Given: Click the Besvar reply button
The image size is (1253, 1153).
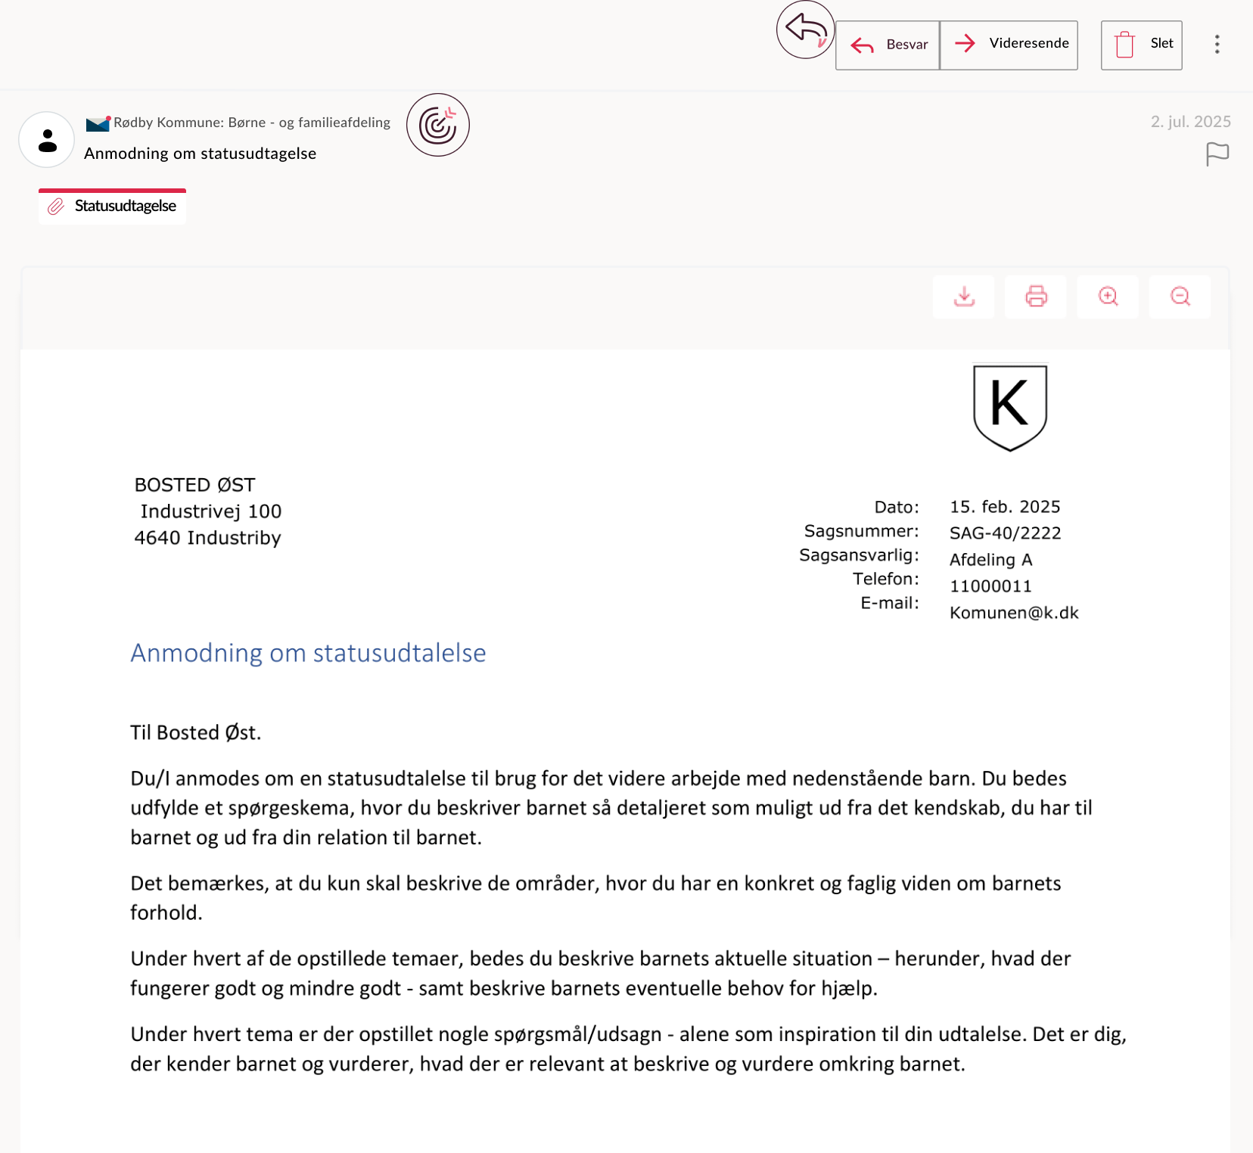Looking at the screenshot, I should coord(888,45).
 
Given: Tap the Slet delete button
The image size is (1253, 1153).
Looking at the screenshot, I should coord(1141,45).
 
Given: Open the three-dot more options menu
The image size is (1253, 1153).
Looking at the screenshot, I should coord(1217,45).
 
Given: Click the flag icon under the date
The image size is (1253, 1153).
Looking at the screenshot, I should coord(1217,154).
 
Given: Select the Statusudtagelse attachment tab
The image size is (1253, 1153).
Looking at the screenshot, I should coord(113,207).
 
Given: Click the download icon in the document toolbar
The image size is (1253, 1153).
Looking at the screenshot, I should coord(964,297).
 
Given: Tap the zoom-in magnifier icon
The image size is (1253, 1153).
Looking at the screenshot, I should coord(1108,297).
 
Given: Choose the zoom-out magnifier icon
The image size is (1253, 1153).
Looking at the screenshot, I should coord(1180,297).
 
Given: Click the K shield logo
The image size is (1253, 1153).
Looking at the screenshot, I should coord(1009,407).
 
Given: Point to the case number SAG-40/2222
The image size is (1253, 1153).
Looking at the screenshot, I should coord(1005,533).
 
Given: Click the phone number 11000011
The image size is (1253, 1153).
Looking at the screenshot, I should coord(990,586).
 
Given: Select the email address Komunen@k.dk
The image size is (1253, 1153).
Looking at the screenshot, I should coord(1014,613).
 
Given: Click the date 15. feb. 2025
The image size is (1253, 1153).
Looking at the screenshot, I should coord(1005,507).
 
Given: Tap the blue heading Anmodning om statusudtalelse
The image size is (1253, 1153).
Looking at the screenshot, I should coord(308,653).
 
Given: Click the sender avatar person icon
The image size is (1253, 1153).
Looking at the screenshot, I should coord(47,140).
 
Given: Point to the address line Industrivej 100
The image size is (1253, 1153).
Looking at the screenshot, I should coord(211,511).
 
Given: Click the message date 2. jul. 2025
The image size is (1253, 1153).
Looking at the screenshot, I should coord(1190,122).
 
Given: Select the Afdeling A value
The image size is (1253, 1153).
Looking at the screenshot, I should coord(990,560).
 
